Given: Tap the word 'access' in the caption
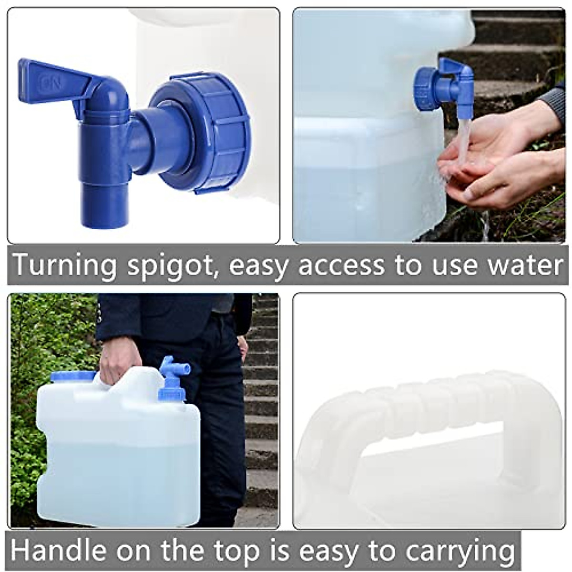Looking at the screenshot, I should (x=340, y=266).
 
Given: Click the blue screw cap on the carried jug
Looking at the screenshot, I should (x=72, y=377).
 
